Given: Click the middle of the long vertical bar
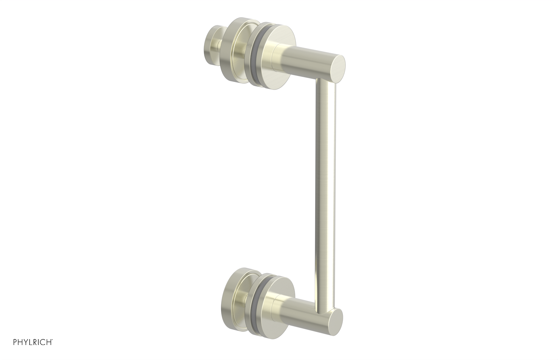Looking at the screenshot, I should point(326,195).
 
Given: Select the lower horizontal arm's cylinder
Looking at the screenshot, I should point(307,314).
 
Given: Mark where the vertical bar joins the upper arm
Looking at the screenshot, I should point(326,81).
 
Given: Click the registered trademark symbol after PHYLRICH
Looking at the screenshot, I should point(52,348).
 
